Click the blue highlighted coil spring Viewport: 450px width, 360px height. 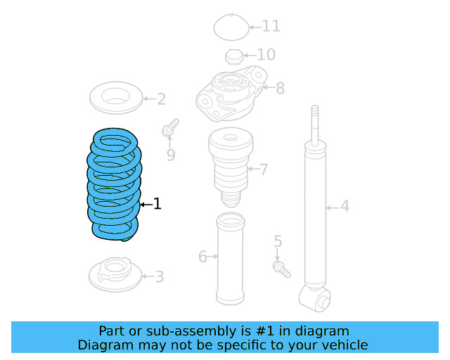[115, 184]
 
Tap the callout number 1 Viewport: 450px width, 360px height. [157, 204]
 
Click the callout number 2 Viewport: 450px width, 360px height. [161, 99]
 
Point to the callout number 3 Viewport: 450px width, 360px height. [159, 277]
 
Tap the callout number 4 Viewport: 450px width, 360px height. [345, 206]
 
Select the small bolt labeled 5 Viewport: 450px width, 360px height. [281, 267]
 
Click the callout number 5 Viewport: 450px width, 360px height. [278, 242]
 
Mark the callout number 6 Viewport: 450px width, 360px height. [202, 257]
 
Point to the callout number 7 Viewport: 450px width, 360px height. [264, 169]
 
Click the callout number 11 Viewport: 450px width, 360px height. [271, 27]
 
